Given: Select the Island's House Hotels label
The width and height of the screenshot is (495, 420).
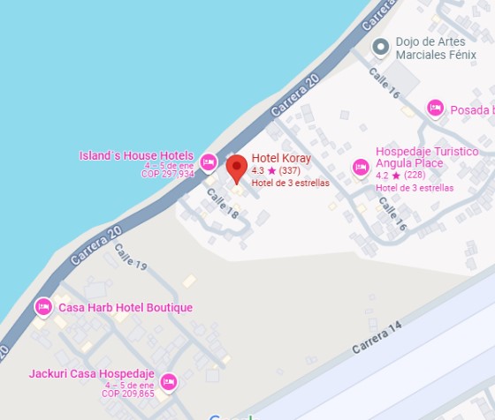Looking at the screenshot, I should [x=136, y=156].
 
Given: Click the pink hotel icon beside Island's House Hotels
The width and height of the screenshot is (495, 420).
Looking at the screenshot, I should [x=209, y=161].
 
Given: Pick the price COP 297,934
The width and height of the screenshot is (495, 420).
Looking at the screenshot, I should [x=167, y=175].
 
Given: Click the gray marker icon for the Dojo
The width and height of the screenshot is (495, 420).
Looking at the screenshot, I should [x=381, y=46].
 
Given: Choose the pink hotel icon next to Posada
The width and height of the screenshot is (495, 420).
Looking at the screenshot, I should [x=435, y=109].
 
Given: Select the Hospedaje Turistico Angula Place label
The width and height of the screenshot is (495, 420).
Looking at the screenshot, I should [x=426, y=157].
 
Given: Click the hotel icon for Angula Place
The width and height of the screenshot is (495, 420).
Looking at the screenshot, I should [x=360, y=166].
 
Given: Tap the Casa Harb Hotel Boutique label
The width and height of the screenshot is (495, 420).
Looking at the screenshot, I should [x=125, y=308].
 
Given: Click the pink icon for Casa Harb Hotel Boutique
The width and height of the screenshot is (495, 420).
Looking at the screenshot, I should [x=43, y=307].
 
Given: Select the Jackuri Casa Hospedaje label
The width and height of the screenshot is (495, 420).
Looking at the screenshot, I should [x=91, y=374].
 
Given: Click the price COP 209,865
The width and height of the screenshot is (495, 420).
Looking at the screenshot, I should [x=128, y=394].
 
